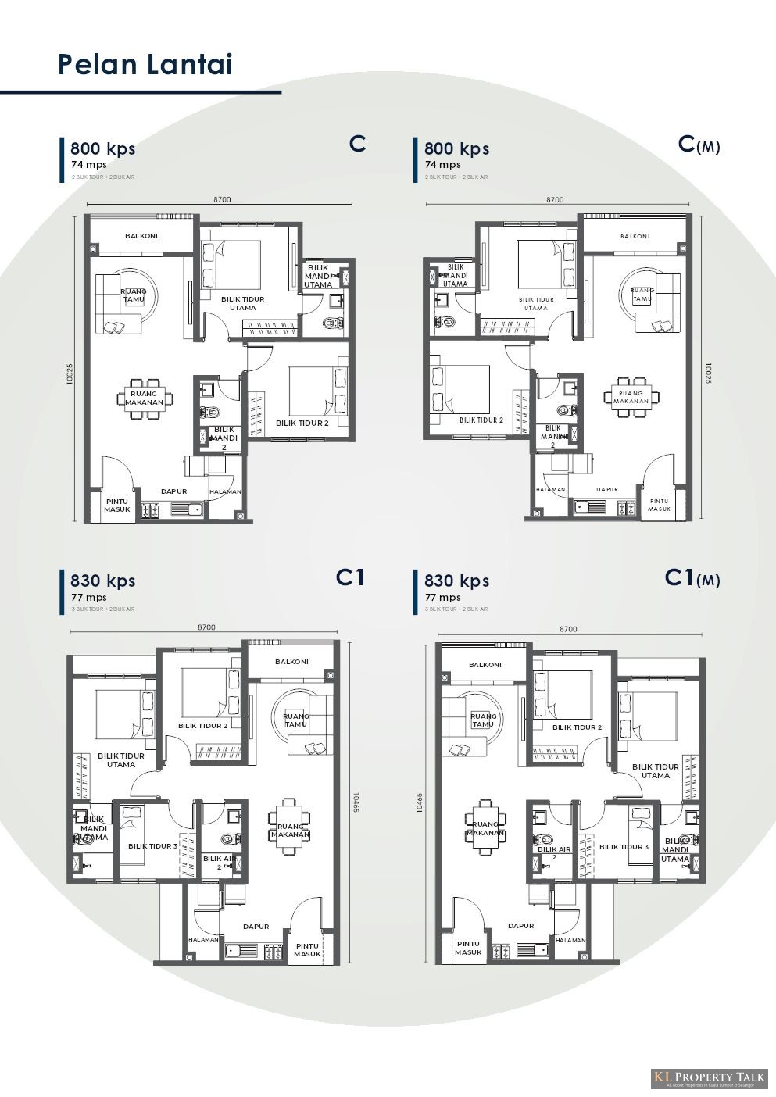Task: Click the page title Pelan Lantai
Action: coord(145,64)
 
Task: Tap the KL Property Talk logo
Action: coord(710,1078)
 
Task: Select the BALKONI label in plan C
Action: coord(141,235)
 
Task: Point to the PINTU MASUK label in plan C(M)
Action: coord(659,505)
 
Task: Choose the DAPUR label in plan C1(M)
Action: coord(520,926)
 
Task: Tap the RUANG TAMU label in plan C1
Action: coord(296,720)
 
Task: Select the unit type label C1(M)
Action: coord(692,578)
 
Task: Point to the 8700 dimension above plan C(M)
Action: coord(555,200)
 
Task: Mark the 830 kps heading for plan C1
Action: coord(102,581)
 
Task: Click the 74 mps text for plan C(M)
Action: coord(442,165)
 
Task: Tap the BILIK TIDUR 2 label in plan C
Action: coord(302,423)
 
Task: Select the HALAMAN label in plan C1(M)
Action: coord(570,940)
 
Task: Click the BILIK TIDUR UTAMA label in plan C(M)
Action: coord(536,303)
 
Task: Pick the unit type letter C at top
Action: coord(358,144)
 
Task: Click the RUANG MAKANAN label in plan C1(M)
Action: coord(485,829)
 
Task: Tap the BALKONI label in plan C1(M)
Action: coord(485,665)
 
